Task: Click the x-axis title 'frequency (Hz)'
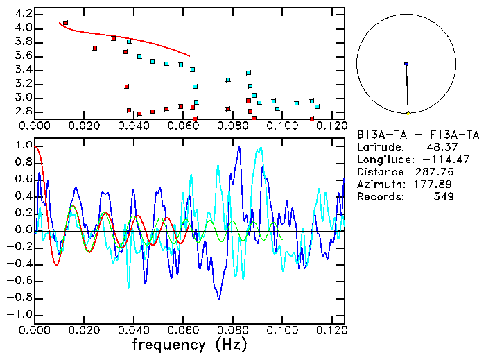pyautogui.click(x=189, y=345)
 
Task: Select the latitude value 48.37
pyautogui.click(x=440, y=147)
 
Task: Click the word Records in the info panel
pyautogui.click(x=379, y=197)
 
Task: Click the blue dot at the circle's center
pyautogui.click(x=406, y=64)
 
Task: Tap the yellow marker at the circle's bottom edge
pyautogui.click(x=408, y=112)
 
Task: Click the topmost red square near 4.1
pyautogui.click(x=65, y=23)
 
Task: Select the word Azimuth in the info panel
pyautogui.click(x=379, y=185)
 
